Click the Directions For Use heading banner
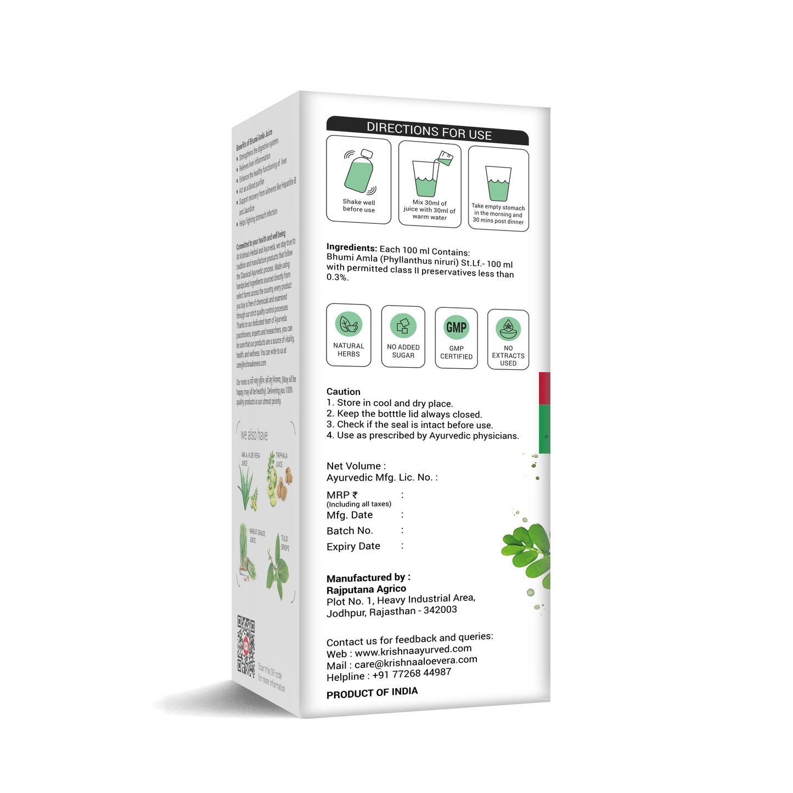(x=428, y=131)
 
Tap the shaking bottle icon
(x=359, y=172)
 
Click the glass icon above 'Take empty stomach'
(x=498, y=183)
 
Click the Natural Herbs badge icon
(x=348, y=324)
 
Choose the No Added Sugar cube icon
(x=403, y=326)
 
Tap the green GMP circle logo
(x=456, y=328)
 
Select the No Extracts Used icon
(x=508, y=329)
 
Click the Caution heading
(x=344, y=391)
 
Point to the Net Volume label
(x=353, y=466)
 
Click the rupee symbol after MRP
(x=355, y=495)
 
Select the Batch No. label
(x=350, y=531)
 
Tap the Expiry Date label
(x=353, y=547)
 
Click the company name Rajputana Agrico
(x=366, y=589)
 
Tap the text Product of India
(x=372, y=693)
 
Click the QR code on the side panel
(x=246, y=645)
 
